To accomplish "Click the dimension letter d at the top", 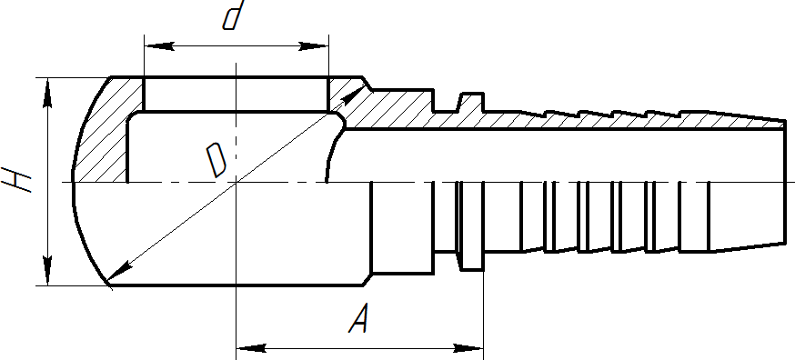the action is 234,15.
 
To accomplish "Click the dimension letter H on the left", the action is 16,179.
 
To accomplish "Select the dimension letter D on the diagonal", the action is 216,160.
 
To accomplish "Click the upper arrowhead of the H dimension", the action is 47,93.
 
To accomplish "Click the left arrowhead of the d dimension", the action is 159,46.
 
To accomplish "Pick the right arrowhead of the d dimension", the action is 314,46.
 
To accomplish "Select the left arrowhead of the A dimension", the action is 251,348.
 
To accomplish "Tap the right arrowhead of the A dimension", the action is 468,348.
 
